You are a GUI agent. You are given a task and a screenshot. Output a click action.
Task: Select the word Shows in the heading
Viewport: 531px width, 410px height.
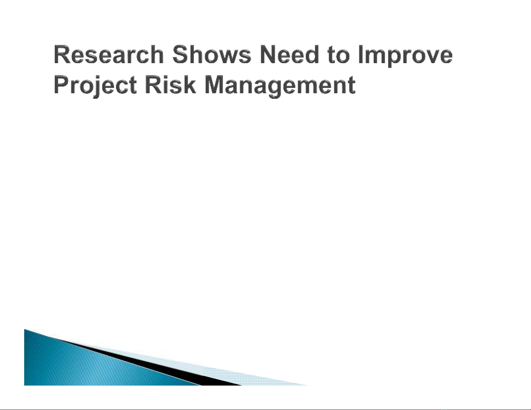[x=212, y=55]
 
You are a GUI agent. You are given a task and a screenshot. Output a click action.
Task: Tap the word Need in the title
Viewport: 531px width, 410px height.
[x=289, y=55]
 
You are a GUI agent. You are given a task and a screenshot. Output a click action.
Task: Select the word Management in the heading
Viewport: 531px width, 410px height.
[x=280, y=86]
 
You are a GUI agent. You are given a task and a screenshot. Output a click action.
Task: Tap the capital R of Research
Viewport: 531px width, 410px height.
[x=62, y=55]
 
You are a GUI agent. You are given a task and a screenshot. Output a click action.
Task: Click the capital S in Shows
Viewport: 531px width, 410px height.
[x=181, y=55]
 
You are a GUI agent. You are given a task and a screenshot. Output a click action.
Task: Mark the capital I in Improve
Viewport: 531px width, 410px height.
[x=361, y=55]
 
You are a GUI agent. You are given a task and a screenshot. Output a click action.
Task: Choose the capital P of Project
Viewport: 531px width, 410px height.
[x=62, y=84]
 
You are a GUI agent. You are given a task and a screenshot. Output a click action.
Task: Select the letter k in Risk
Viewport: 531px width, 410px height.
[x=189, y=84]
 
